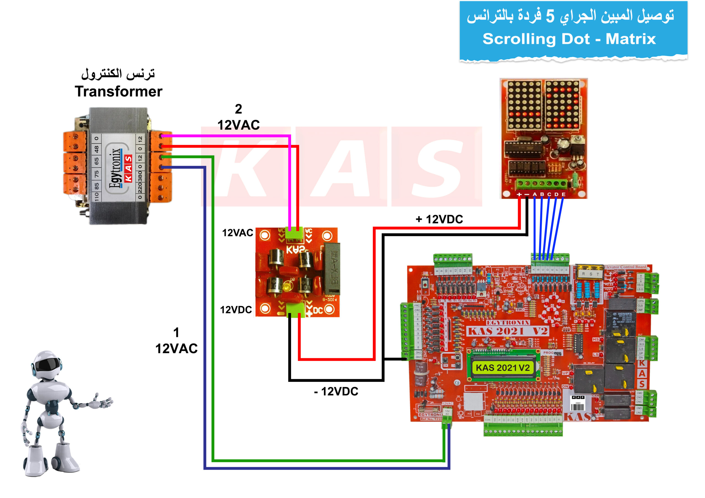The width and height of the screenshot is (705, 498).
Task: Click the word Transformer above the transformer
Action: pyautogui.click(x=118, y=91)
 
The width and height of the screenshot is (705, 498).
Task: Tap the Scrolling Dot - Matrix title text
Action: pyautogui.click(x=569, y=39)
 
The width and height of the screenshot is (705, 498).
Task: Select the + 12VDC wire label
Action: pyautogui.click(x=439, y=219)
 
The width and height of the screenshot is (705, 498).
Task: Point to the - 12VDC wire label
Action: pyautogui.click(x=336, y=391)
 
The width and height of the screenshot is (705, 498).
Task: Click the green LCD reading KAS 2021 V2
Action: pyautogui.click(x=503, y=368)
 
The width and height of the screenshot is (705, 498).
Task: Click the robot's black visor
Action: pyautogui.click(x=47, y=365)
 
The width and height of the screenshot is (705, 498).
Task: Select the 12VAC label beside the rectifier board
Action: pyautogui.click(x=238, y=233)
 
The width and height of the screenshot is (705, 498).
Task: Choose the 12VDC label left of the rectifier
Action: pyautogui.click(x=236, y=310)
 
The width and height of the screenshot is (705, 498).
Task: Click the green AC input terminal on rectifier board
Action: pyautogui.click(x=294, y=233)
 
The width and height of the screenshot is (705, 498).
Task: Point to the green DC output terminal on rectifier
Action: pyautogui.click(x=295, y=310)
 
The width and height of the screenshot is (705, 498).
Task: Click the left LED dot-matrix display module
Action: pyautogui.click(x=524, y=105)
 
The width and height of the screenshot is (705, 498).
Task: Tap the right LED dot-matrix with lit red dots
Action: pyautogui.click(x=563, y=105)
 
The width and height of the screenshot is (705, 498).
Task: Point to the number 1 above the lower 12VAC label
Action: pyautogui.click(x=176, y=332)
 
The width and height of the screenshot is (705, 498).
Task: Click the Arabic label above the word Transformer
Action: pyautogui.click(x=118, y=74)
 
